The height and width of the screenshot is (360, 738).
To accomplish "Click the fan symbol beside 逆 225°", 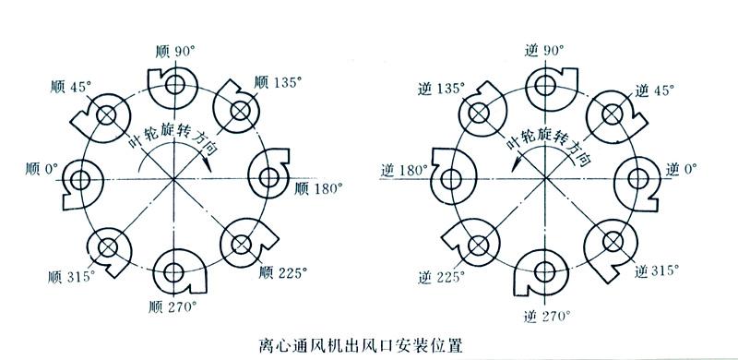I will (x=476, y=244).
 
